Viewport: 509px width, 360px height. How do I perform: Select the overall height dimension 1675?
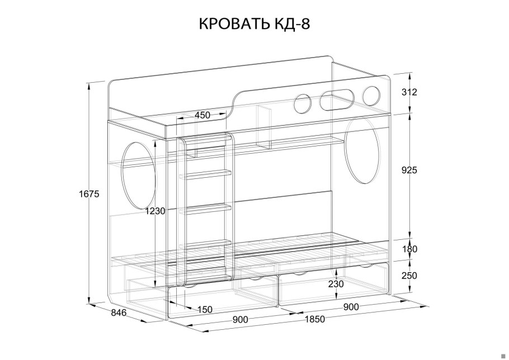coord(89,194)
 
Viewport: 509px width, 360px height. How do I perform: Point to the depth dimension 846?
coord(119,312)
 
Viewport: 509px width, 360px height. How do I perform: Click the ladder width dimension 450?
coord(202,115)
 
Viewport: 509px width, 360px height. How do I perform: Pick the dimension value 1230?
coord(155,211)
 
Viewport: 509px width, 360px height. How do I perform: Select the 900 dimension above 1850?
coord(351,306)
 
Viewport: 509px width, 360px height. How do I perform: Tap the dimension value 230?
coord(336,284)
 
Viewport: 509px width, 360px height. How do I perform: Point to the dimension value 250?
coord(410,276)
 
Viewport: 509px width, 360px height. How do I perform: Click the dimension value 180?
coord(410,249)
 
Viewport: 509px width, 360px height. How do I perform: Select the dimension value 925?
coord(410,170)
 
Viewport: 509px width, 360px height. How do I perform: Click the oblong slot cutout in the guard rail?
coord(336,101)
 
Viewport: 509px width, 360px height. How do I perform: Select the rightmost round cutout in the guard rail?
coord(371,95)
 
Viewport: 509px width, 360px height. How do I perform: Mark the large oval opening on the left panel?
coord(138,174)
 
